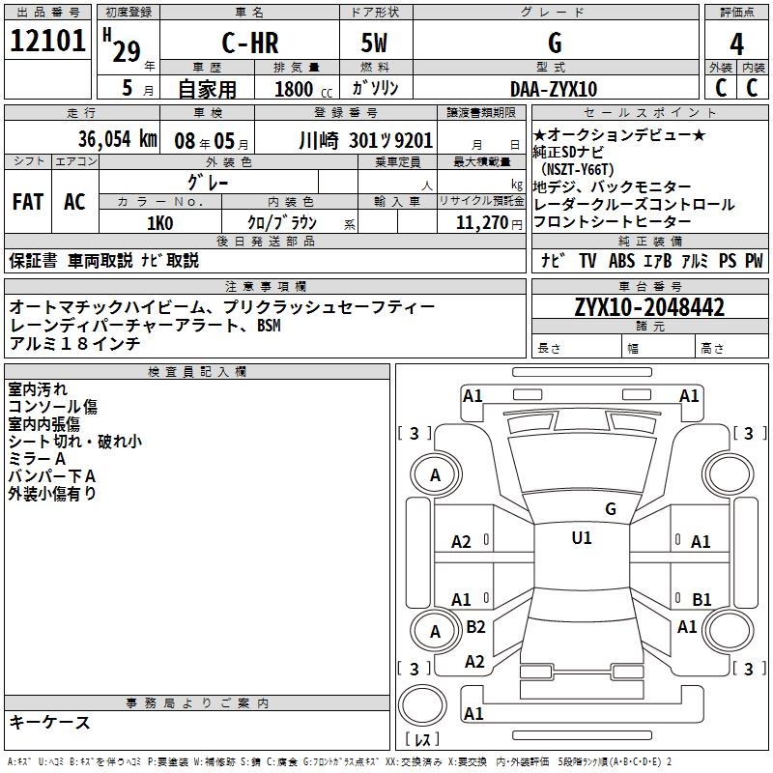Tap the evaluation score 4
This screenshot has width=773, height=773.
tap(736, 43)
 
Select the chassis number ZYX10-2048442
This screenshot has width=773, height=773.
tap(649, 307)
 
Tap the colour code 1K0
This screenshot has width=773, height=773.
tap(159, 222)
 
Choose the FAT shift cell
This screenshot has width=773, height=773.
tap(27, 202)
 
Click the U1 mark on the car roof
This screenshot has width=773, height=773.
tap(581, 538)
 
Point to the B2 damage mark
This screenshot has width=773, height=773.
tap(475, 627)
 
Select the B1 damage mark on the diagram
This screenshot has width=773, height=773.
tap(701, 599)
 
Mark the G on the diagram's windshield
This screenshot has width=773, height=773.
tap(610, 508)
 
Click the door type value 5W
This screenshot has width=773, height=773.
tap(374, 43)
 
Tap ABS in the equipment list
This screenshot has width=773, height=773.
tap(621, 261)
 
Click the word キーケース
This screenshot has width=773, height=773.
tap(50, 722)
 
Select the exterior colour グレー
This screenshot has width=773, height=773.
tap(208, 182)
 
